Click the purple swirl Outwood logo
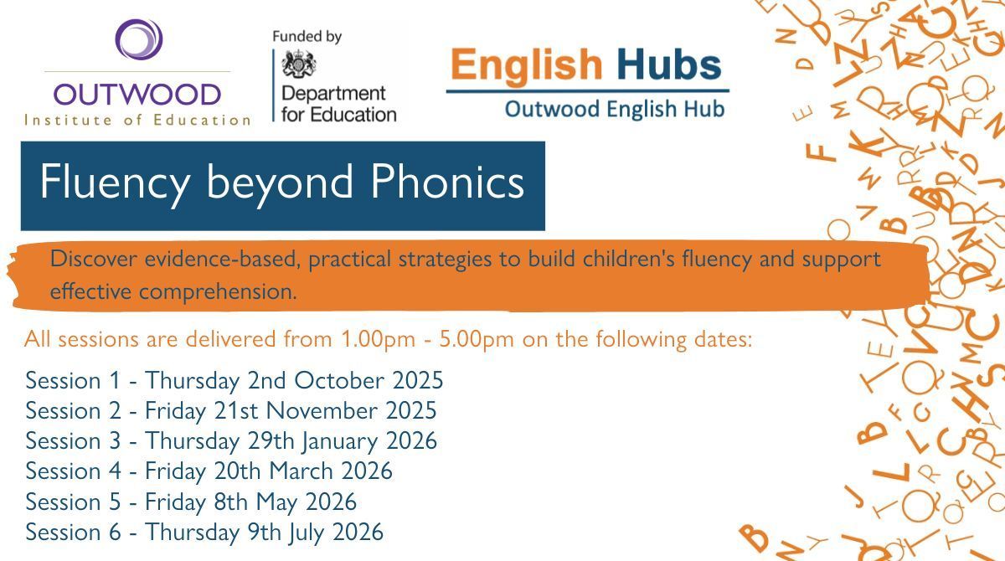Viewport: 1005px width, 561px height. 138,39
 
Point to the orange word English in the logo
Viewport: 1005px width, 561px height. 525,64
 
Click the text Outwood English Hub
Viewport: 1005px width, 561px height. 614,109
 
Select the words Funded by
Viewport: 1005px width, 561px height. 307,37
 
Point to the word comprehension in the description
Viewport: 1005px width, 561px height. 218,292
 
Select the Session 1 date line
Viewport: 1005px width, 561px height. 234,381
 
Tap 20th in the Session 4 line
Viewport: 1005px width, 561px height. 238,471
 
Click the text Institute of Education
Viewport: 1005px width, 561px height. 137,120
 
